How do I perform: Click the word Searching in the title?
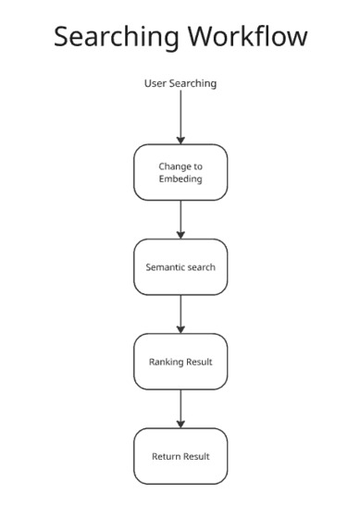tap(117, 37)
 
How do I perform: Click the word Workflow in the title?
tap(246, 37)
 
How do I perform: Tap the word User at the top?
tap(155, 83)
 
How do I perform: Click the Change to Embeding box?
tap(180, 172)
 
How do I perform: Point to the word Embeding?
tap(180, 179)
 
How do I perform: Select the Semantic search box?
tap(180, 267)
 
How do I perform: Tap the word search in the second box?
tap(202, 267)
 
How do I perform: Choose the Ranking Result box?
tap(180, 362)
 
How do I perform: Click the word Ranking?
tap(167, 362)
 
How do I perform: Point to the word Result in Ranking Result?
tap(199, 362)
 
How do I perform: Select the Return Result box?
tap(180, 456)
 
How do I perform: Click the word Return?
tap(167, 456)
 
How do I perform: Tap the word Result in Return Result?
tap(196, 456)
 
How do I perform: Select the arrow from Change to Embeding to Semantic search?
tap(180, 219)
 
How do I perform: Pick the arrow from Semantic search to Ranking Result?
tap(180, 314)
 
